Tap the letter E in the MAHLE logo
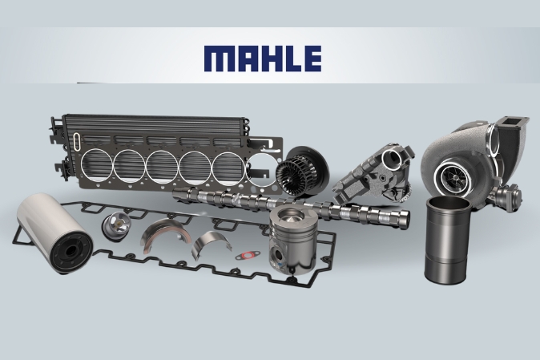[x=312, y=59]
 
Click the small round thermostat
[x=115, y=224]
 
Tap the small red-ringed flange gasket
[x=245, y=256]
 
